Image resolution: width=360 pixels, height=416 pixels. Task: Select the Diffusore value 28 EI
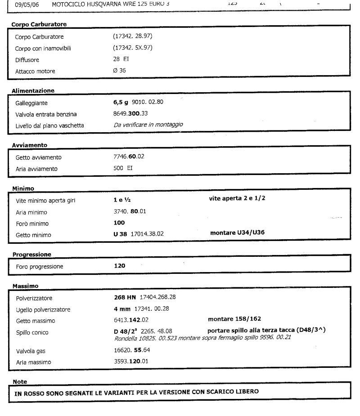tap(121, 59)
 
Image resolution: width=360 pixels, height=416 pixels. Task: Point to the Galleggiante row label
tap(31, 103)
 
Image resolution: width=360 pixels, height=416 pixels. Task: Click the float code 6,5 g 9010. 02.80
tap(138, 102)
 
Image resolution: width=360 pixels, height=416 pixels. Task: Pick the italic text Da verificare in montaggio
tap(148, 125)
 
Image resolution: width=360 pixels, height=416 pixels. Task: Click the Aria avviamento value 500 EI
tap(123, 169)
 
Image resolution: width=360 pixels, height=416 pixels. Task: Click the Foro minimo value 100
tap(119, 223)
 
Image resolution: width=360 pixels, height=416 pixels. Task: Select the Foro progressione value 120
tap(119, 266)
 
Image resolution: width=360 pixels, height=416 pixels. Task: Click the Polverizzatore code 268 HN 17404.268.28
tap(144, 297)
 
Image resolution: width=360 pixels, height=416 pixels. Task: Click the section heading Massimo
tap(26, 286)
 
